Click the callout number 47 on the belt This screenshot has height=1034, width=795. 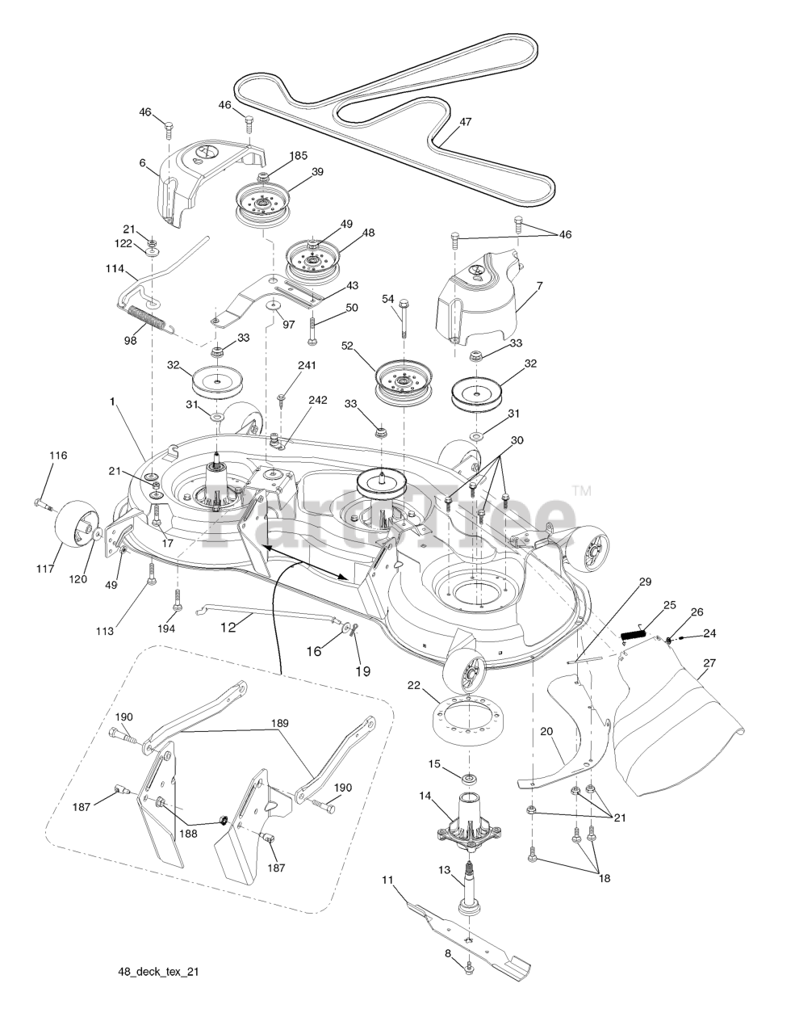click(466, 122)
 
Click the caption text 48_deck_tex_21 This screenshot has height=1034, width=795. click(157, 972)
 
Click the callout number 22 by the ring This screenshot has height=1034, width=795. click(414, 686)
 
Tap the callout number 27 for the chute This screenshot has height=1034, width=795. click(709, 663)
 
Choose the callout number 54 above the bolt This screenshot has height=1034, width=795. click(388, 300)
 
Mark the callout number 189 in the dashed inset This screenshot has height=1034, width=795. click(280, 723)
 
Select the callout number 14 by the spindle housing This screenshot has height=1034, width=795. click(424, 796)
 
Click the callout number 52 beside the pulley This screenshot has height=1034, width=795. click(370, 345)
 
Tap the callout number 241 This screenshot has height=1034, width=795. click(307, 365)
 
